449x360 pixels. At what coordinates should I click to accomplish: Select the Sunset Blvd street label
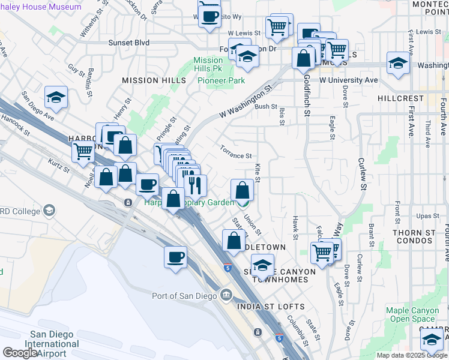(x=128, y=43)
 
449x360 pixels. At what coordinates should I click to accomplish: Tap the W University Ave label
(x=348, y=80)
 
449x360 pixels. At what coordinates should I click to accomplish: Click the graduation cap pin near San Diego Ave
(x=56, y=97)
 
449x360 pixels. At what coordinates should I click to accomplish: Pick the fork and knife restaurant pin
(x=195, y=185)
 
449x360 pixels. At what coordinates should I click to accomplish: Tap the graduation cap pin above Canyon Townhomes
(x=262, y=265)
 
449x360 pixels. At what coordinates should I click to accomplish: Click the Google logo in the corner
(x=20, y=353)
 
